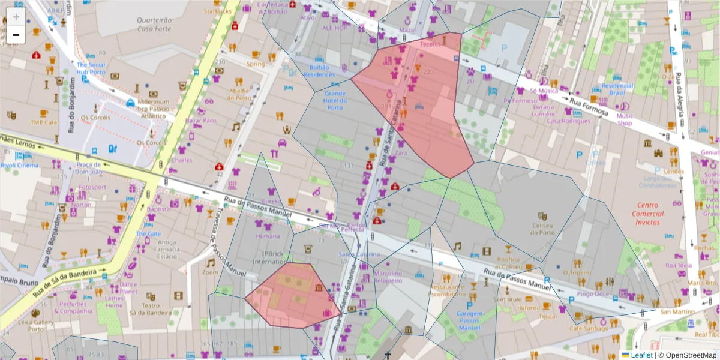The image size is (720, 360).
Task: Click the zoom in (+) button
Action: tap(16, 17)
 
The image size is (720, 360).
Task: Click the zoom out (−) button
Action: tap(16, 35)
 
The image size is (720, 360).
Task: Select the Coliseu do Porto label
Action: tap(543, 229)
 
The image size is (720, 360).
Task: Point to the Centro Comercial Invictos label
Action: tap(648, 214)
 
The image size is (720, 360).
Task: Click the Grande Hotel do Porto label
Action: tap(335, 100)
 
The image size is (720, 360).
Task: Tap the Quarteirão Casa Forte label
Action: tap(154, 24)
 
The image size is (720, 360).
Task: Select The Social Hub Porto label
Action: tap(91, 68)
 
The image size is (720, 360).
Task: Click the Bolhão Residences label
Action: tap(319, 71)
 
